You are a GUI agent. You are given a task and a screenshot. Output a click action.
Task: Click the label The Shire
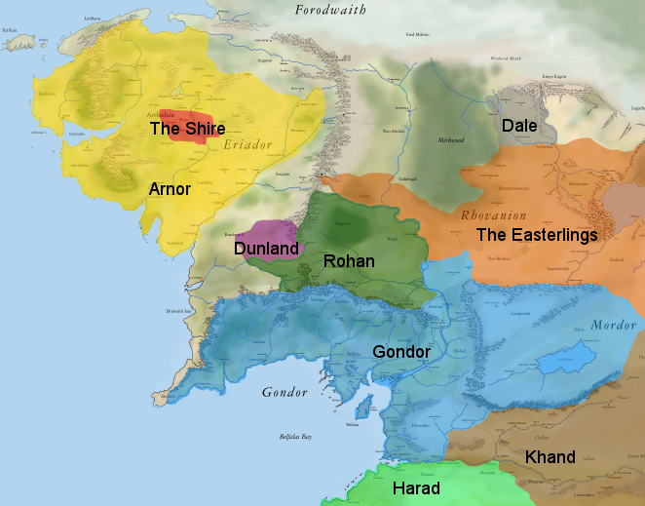pos(187,129)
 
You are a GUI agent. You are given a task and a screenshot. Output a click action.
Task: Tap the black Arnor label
pos(169,189)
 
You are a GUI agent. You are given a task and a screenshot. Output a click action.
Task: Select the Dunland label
pos(265,249)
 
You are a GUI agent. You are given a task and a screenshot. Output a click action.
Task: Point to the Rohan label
pos(348,261)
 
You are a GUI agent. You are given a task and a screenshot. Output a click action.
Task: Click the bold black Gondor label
pos(401,351)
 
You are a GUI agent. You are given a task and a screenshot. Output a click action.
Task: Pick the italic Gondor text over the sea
pos(285,393)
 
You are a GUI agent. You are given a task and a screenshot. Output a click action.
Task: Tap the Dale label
pos(519,126)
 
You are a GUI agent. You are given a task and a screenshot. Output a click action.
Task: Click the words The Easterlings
pos(536,235)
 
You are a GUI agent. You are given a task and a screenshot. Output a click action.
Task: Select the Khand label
pos(550,457)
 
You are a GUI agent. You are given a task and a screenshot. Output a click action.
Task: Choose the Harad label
pos(415,488)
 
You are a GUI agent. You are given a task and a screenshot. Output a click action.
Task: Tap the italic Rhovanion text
pos(493,215)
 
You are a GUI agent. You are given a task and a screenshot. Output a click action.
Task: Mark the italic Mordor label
pos(614,325)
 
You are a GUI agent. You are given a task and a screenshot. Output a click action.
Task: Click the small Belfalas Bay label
pos(295,437)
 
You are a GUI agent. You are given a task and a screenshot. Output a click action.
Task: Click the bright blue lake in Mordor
pos(569,358)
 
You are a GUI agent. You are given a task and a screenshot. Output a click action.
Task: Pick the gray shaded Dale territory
pos(531,107)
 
